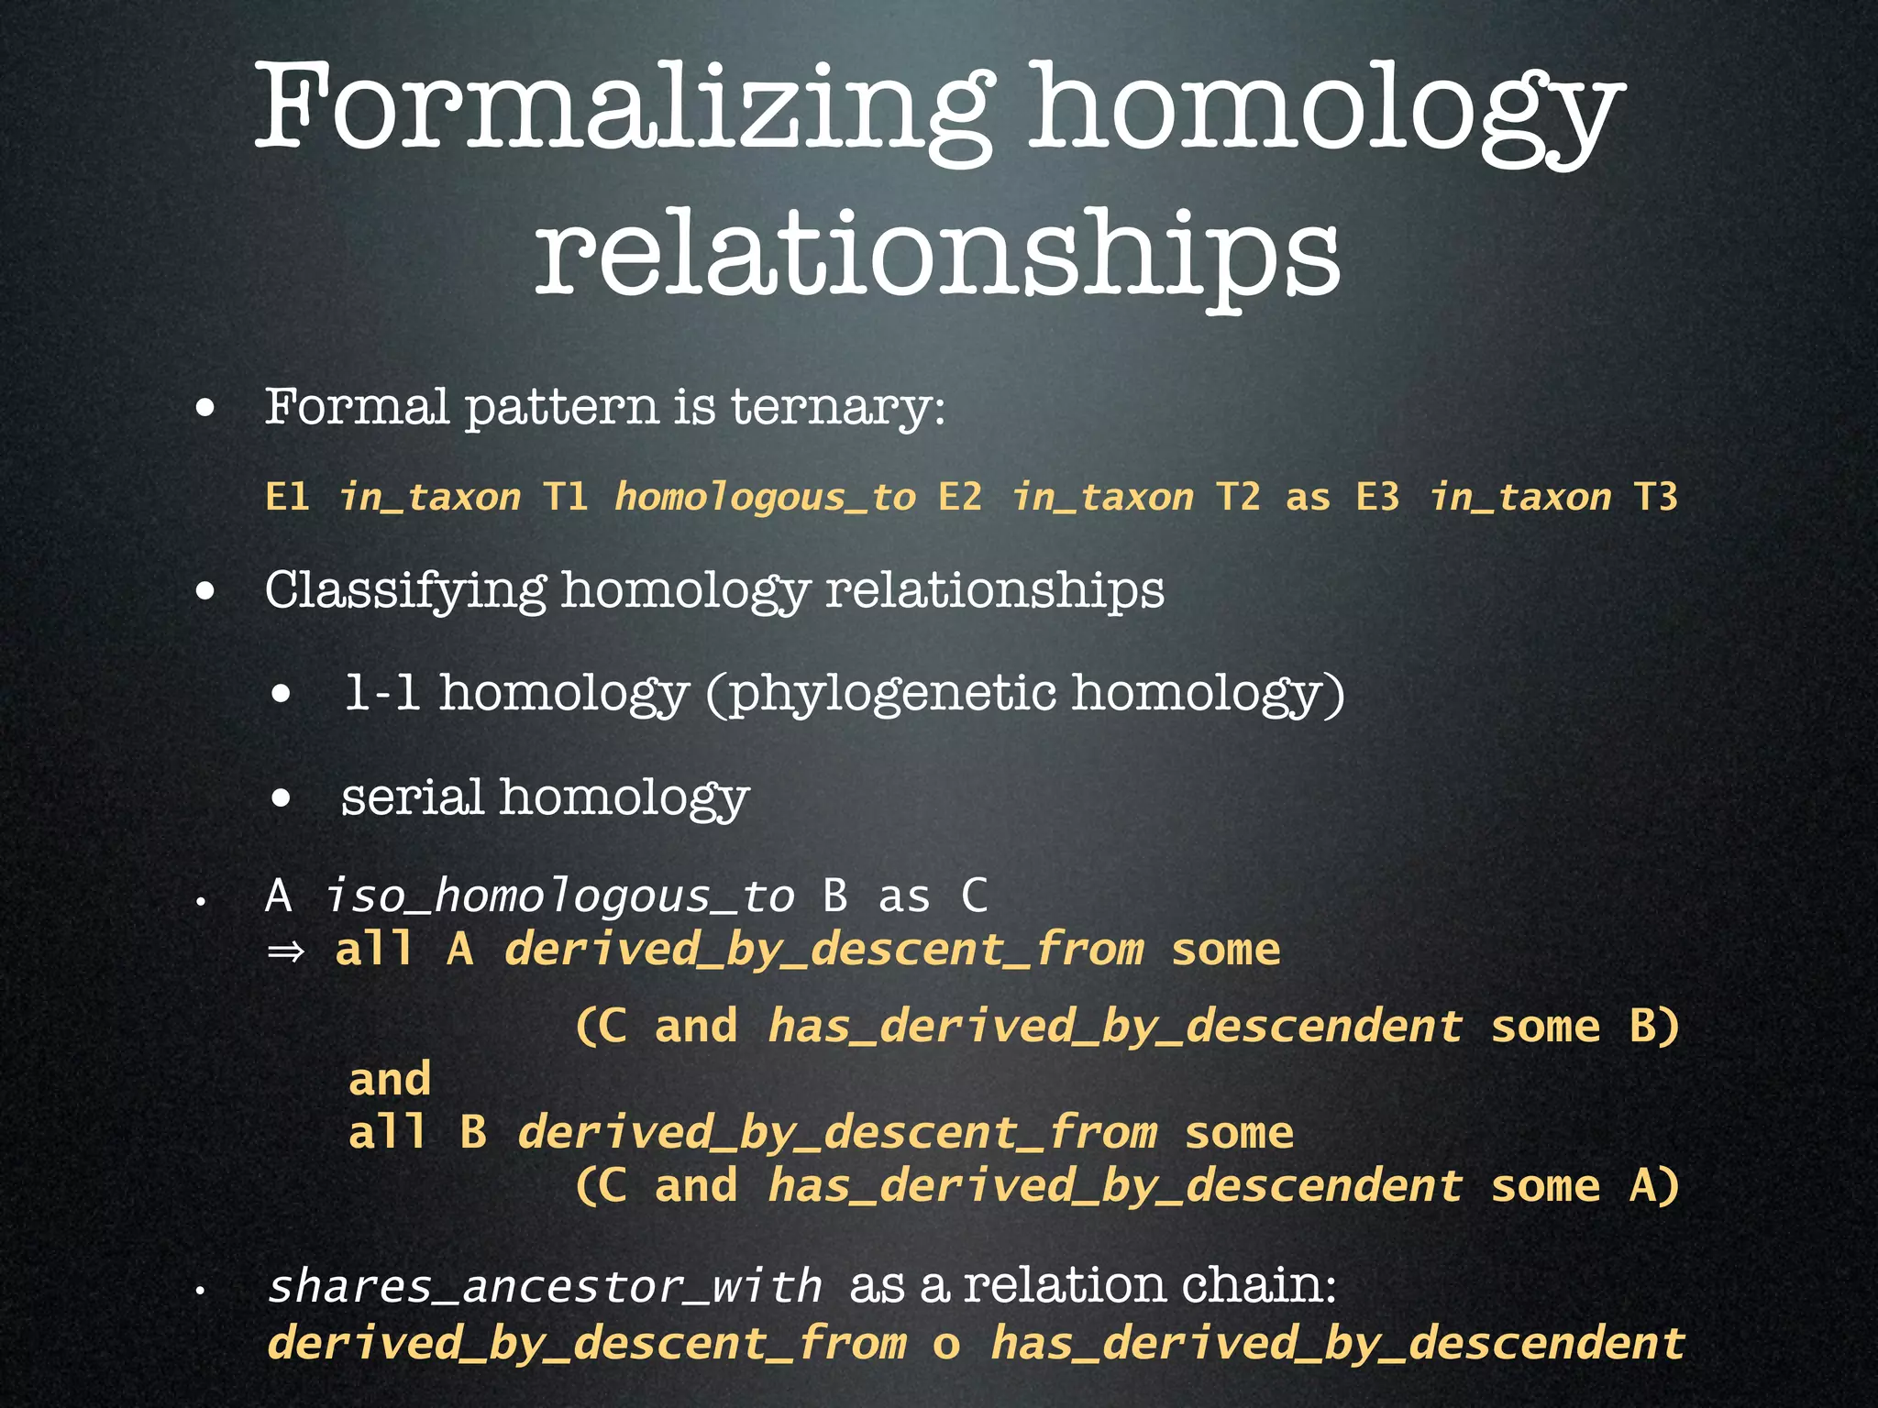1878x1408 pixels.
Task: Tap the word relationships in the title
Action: click(x=937, y=252)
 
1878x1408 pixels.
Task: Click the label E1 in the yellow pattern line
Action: click(x=287, y=497)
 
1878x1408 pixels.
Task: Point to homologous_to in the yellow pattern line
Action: click(x=765, y=497)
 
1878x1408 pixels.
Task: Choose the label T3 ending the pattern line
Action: click(x=1656, y=497)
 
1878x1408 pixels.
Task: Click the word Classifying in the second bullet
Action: click(x=405, y=590)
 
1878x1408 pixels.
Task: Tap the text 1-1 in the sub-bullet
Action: click(x=382, y=693)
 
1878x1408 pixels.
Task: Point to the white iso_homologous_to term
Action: click(x=559, y=896)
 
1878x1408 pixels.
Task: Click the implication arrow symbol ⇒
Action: click(x=285, y=951)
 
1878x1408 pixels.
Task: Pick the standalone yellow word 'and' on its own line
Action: click(x=390, y=1079)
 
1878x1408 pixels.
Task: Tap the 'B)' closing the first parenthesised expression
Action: click(x=1653, y=1026)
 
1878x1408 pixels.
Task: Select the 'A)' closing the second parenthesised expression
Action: click(x=1653, y=1186)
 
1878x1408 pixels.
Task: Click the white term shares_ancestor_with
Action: click(x=546, y=1286)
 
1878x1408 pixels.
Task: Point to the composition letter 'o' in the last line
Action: click(x=946, y=1344)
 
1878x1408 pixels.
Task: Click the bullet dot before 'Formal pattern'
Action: click(x=205, y=408)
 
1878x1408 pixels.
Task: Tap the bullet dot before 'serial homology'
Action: click(x=282, y=798)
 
